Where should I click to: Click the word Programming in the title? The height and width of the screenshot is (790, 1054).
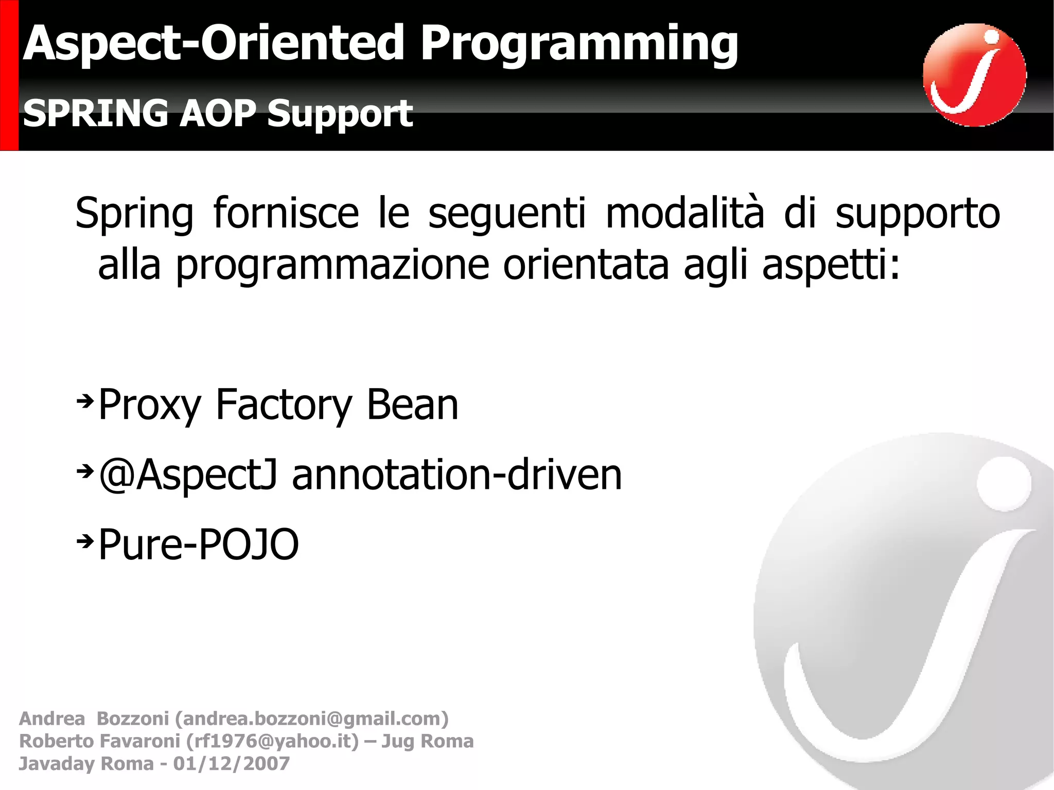click(579, 45)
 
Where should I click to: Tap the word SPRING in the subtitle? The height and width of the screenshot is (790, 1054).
click(95, 113)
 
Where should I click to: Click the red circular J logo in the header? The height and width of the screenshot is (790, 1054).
click(974, 75)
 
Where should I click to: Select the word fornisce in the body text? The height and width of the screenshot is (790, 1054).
click(286, 213)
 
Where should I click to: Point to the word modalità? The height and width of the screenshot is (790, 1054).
click(684, 213)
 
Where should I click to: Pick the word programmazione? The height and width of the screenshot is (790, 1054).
click(332, 265)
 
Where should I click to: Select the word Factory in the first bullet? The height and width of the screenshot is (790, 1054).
click(283, 405)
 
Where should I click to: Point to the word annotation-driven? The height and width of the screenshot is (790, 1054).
click(456, 475)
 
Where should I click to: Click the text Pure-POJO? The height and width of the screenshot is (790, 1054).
click(198, 545)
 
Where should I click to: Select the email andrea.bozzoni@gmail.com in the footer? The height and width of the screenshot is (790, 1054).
click(311, 718)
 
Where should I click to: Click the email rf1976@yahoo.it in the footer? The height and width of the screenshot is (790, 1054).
click(272, 741)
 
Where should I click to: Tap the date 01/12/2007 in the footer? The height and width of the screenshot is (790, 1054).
click(231, 763)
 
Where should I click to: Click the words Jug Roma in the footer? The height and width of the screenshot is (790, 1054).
click(427, 741)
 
